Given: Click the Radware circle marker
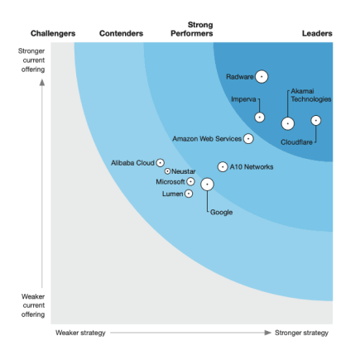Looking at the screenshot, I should pyautogui.click(x=262, y=76).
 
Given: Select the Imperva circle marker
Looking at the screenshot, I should pyautogui.click(x=259, y=117).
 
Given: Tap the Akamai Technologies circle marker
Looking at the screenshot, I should pyautogui.click(x=287, y=123).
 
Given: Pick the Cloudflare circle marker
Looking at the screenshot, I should pyautogui.click(x=315, y=120).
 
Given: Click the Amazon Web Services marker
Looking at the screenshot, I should pyautogui.click(x=248, y=138).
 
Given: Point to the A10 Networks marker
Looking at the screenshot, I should pyautogui.click(x=222, y=166).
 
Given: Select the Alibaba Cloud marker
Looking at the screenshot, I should pyautogui.click(x=160, y=163).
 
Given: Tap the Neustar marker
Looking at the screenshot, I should pyautogui.click(x=167, y=171).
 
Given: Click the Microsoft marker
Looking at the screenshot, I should pyautogui.click(x=190, y=181).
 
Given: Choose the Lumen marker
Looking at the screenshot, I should pyautogui.click(x=189, y=193).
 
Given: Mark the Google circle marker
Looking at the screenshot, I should pyautogui.click(x=207, y=185).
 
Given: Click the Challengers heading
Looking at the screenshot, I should pyautogui.click(x=53, y=33).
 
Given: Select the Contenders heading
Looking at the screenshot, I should pyautogui.click(x=120, y=33).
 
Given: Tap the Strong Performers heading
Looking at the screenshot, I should pyautogui.click(x=194, y=29).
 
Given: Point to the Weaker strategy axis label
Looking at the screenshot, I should pyautogui.click(x=80, y=333).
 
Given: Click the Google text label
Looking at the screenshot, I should pyautogui.click(x=221, y=213).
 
